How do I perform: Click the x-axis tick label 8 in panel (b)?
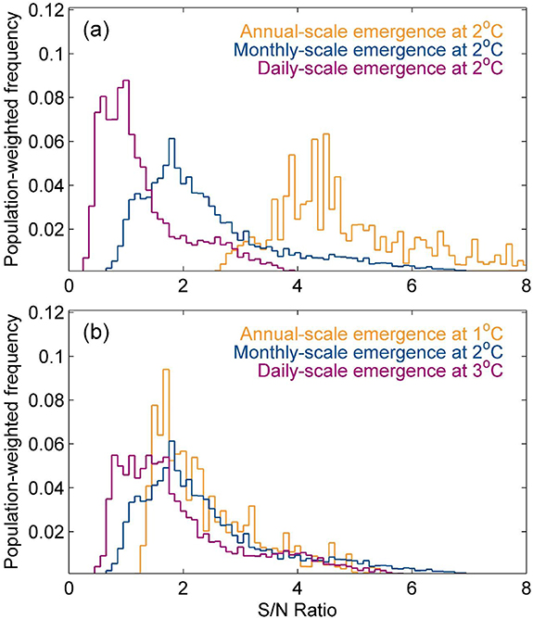(525, 587)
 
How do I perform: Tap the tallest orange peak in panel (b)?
(166, 370)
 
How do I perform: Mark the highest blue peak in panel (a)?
(171, 139)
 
